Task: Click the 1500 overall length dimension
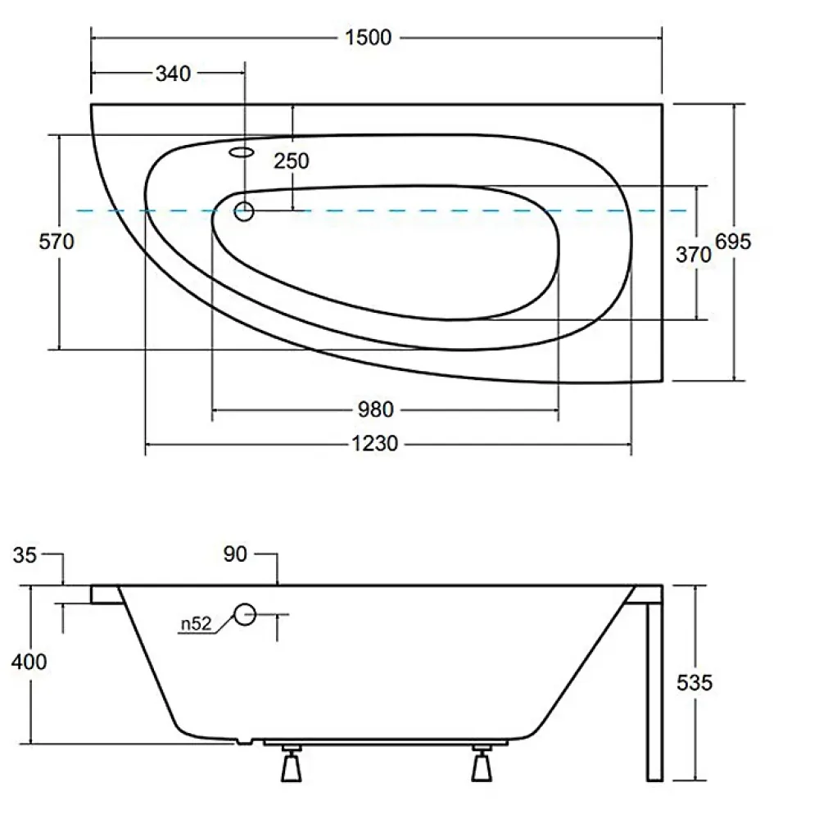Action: (x=368, y=38)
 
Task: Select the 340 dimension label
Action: (x=173, y=74)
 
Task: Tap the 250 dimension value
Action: (x=291, y=161)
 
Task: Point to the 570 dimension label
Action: (x=57, y=242)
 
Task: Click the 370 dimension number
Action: (x=693, y=255)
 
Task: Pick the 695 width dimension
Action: (x=733, y=242)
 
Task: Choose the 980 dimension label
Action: (x=376, y=410)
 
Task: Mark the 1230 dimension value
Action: (x=374, y=444)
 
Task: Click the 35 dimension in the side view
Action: (x=25, y=555)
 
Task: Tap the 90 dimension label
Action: (x=235, y=554)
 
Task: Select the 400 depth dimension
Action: (x=29, y=662)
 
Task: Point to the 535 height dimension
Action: (x=695, y=683)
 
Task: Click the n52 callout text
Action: (x=196, y=623)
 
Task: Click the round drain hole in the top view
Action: (x=244, y=211)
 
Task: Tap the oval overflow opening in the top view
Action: (x=242, y=152)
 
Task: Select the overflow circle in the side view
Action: (x=244, y=614)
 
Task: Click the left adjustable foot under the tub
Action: (x=292, y=763)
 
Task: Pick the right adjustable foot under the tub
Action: (x=482, y=763)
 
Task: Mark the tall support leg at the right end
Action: (x=654, y=692)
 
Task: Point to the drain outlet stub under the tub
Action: (x=244, y=741)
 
